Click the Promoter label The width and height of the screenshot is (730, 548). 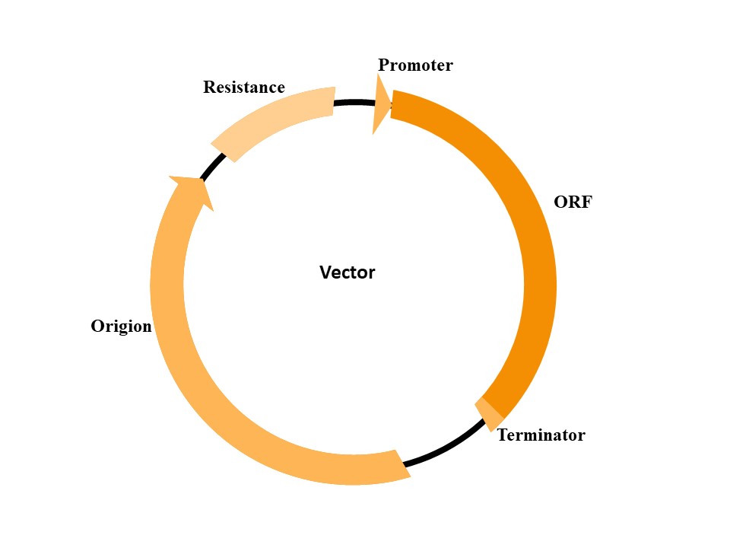415,65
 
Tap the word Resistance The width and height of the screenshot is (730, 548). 243,88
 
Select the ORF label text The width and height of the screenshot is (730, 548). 573,202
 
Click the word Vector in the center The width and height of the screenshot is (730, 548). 347,272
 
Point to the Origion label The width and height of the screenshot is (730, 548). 121,327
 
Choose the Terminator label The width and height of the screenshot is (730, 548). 541,435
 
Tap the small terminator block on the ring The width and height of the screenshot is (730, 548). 489,413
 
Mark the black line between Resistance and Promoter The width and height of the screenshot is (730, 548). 354,103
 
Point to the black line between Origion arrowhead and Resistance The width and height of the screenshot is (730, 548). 214,167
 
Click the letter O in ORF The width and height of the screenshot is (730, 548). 560,202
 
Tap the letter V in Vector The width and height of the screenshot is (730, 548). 325,272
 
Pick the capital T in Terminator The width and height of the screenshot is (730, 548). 502,435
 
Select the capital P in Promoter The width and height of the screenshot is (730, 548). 384,65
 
